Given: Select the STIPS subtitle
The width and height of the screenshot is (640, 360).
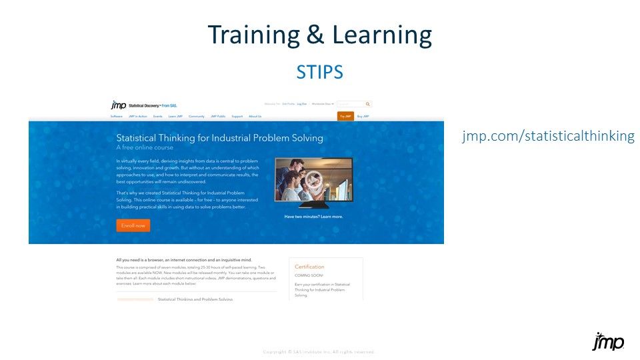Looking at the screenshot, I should click(x=320, y=72).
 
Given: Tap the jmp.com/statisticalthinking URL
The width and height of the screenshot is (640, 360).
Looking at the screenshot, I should click(x=548, y=136).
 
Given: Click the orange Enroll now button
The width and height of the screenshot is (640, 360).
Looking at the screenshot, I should click(x=133, y=225).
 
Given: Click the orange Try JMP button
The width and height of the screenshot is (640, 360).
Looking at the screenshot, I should click(x=345, y=116).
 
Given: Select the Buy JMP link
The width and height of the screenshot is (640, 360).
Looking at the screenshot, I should click(x=363, y=116).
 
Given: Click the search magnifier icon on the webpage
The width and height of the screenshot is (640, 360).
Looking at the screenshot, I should click(x=368, y=104).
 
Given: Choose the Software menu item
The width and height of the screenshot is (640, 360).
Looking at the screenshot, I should click(x=117, y=116).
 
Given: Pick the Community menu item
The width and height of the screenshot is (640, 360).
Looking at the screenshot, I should click(x=196, y=116).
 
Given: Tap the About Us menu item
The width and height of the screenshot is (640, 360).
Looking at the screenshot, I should click(x=255, y=116).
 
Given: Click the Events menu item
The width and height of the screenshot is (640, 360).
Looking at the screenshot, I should click(x=158, y=116).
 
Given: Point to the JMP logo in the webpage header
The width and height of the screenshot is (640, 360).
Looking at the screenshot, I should click(x=119, y=105).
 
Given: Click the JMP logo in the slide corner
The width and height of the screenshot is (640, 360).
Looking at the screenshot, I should click(x=608, y=341).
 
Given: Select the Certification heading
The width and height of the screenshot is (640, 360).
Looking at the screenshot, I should click(x=309, y=267).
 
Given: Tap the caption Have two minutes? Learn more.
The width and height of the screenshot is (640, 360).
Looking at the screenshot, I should click(x=313, y=217).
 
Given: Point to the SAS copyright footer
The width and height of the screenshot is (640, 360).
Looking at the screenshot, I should click(x=319, y=352).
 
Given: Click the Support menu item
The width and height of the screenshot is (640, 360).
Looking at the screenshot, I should click(x=237, y=116).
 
